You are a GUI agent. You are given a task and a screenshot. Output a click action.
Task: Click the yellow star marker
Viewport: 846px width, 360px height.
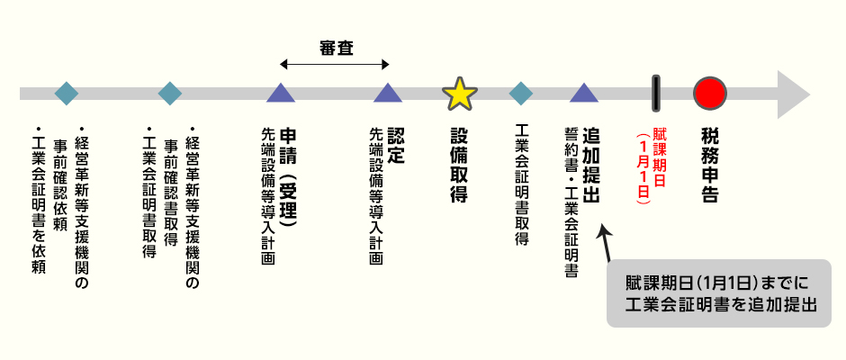tap(460, 94)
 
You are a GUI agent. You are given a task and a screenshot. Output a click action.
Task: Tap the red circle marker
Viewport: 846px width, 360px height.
tap(710, 93)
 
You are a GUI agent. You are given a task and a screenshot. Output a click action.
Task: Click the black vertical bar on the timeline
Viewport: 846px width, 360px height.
tap(656, 94)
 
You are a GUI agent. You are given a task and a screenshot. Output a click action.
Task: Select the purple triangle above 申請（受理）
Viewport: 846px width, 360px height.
tap(281, 93)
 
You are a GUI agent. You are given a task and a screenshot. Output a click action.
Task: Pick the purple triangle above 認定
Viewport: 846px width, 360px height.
tap(388, 93)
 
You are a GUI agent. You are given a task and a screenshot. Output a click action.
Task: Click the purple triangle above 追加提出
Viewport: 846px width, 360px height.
tap(584, 93)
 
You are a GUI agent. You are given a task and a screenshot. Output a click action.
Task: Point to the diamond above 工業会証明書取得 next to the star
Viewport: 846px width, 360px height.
tap(521, 94)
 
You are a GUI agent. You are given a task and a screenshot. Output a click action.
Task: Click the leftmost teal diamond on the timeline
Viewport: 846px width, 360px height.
tap(67, 94)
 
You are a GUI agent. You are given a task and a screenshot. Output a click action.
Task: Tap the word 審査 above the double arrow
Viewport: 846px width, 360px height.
tap(336, 49)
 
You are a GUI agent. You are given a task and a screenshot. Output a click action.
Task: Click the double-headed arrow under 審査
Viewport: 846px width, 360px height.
tap(335, 65)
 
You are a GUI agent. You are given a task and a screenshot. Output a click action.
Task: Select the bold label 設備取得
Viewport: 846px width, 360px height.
tap(459, 166)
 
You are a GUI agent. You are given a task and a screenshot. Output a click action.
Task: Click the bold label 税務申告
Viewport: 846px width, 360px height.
tap(710, 166)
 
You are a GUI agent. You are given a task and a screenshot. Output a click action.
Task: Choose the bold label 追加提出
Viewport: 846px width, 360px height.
tap(591, 166)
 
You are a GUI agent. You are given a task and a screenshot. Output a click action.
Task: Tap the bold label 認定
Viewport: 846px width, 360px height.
tap(395, 146)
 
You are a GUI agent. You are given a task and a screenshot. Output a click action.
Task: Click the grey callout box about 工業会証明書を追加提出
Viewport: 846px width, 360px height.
tap(719, 293)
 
